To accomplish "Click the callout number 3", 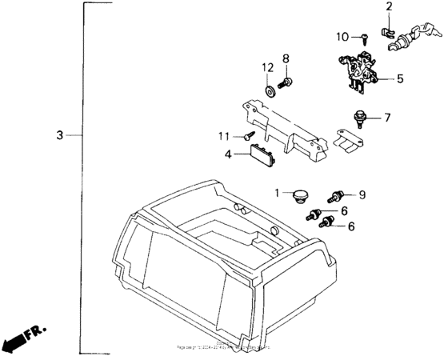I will [59, 135].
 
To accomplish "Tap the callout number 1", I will [278, 193].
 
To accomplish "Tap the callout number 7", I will [387, 118].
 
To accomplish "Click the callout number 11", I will [226, 135].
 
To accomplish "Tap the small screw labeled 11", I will [249, 136].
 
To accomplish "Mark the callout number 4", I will [229, 154].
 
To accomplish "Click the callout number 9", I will [362, 194].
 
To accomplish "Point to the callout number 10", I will [342, 36].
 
